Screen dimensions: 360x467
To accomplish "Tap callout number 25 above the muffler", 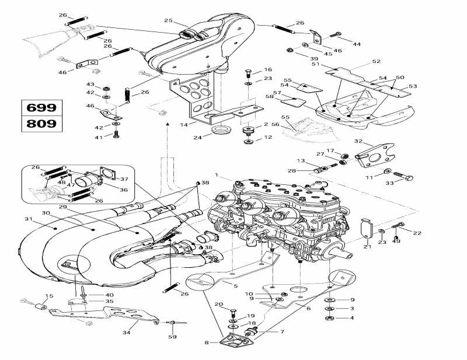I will [x=168, y=21].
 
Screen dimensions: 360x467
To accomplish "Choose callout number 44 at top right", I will [x=357, y=44].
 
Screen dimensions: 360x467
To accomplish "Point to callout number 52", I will [x=376, y=61].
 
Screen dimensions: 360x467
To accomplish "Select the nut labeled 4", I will [x=329, y=318].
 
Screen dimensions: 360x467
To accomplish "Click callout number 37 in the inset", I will [x=123, y=179].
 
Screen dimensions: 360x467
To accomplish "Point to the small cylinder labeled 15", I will [x=41, y=307].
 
